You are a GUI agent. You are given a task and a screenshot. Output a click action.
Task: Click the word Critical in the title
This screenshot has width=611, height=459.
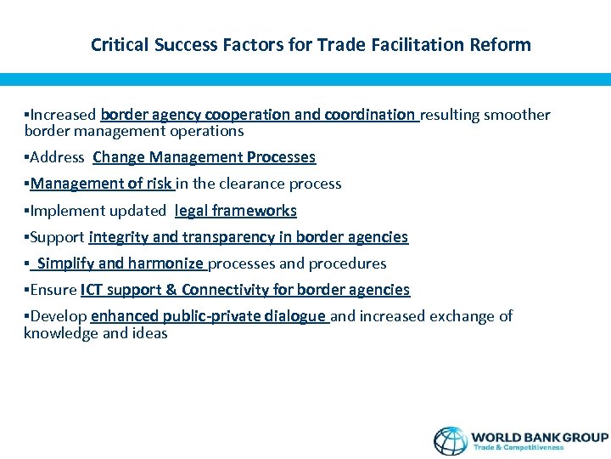(120, 45)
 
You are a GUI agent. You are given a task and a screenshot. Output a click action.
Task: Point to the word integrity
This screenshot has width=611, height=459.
(115, 237)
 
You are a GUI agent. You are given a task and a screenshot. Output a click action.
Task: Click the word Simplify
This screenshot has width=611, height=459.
(66, 263)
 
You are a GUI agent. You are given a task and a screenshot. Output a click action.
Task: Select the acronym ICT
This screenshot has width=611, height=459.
(92, 290)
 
